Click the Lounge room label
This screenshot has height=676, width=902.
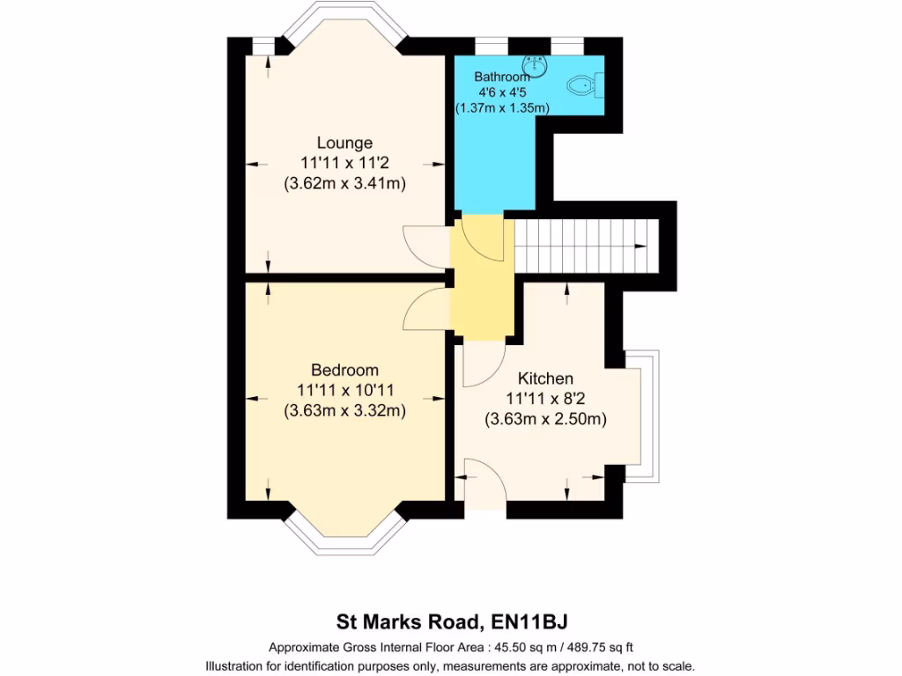tap(344, 143)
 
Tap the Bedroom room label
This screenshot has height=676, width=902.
tap(344, 370)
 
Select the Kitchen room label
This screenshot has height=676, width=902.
tap(545, 378)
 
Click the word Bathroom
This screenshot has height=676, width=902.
tap(502, 77)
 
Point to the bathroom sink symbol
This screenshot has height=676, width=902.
tap(534, 64)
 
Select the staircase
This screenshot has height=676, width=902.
tap(587, 246)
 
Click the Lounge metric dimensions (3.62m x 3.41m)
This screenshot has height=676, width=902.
tap(344, 185)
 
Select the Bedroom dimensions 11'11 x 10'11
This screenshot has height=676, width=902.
tap(344, 390)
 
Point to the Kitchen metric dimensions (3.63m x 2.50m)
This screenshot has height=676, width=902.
tap(545, 420)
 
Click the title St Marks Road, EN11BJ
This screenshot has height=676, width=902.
tap(458, 621)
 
